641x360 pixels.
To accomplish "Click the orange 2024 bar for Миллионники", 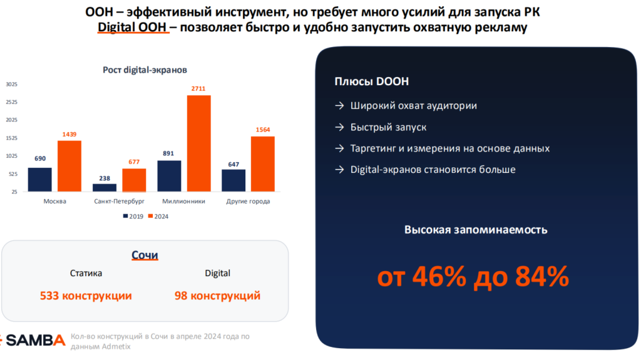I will [198, 143].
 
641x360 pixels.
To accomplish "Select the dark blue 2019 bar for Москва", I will [40, 179].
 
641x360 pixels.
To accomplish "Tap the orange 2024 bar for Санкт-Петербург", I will [134, 180].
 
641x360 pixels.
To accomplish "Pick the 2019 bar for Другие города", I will [233, 180].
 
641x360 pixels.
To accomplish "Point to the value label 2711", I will [198, 89].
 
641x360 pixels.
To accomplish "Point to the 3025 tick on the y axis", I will [12, 84].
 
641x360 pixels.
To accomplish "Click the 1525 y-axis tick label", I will [12, 138].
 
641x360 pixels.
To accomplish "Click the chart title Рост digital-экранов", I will [145, 70].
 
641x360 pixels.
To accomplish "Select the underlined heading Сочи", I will [145, 255].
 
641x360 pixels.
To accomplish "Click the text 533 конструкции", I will [86, 296].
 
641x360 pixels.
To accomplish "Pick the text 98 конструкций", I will [217, 296].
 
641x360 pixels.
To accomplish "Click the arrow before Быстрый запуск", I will [339, 127].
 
